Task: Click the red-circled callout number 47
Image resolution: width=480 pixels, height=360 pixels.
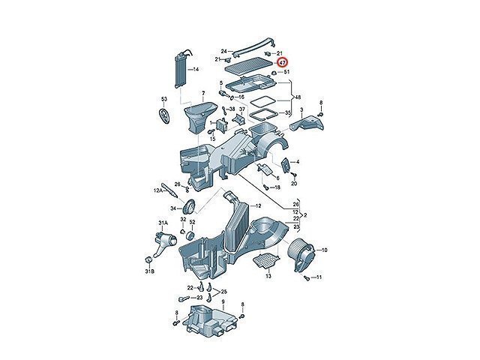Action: [x=283, y=64]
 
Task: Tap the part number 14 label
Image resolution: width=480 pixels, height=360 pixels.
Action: [x=196, y=69]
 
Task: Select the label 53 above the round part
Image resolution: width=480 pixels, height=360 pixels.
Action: [x=163, y=99]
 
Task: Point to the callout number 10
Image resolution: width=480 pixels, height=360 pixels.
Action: [x=324, y=250]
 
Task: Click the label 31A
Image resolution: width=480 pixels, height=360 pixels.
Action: [x=160, y=223]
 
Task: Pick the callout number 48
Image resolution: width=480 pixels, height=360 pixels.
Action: [x=298, y=98]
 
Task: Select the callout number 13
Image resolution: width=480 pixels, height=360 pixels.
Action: [x=268, y=276]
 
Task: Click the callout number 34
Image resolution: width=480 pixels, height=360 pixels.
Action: [x=172, y=208]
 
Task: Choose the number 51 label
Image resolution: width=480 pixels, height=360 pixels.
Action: [x=286, y=72]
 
